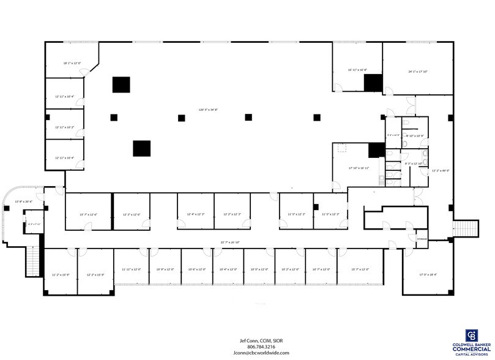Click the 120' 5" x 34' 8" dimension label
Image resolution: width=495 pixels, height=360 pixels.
tap(208, 110)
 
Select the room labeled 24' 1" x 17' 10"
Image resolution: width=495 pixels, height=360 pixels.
tap(417, 72)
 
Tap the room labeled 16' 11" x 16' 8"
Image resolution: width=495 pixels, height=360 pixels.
tap(357, 70)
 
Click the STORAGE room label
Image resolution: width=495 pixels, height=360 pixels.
tap(422, 239)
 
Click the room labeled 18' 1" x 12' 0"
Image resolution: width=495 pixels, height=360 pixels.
tap(72, 63)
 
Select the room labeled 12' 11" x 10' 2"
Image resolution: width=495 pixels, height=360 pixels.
tap(64, 127)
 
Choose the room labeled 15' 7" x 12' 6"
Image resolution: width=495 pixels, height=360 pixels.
tap(88, 214)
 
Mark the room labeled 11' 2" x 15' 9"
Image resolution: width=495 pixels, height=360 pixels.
tap(61, 275)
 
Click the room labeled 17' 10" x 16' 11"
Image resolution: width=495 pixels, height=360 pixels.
tap(359, 167)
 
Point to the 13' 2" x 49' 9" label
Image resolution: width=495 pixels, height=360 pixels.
tap(441, 171)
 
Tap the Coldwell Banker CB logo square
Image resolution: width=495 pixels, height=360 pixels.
tap(472, 336)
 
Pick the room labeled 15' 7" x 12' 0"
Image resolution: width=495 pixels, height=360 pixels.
tap(361, 269)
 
